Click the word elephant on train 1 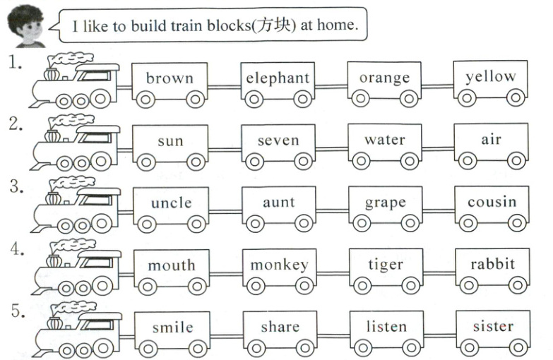(278, 78)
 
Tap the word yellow (491, 76)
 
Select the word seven (278, 140)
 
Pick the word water (385, 140)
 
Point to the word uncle (171, 203)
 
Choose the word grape (385, 203)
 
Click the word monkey (279, 265)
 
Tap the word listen (386, 327)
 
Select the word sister (493, 326)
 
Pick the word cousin (492, 203)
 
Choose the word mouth (171, 265)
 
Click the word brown (170, 78)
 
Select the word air (491, 140)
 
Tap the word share (280, 327)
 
